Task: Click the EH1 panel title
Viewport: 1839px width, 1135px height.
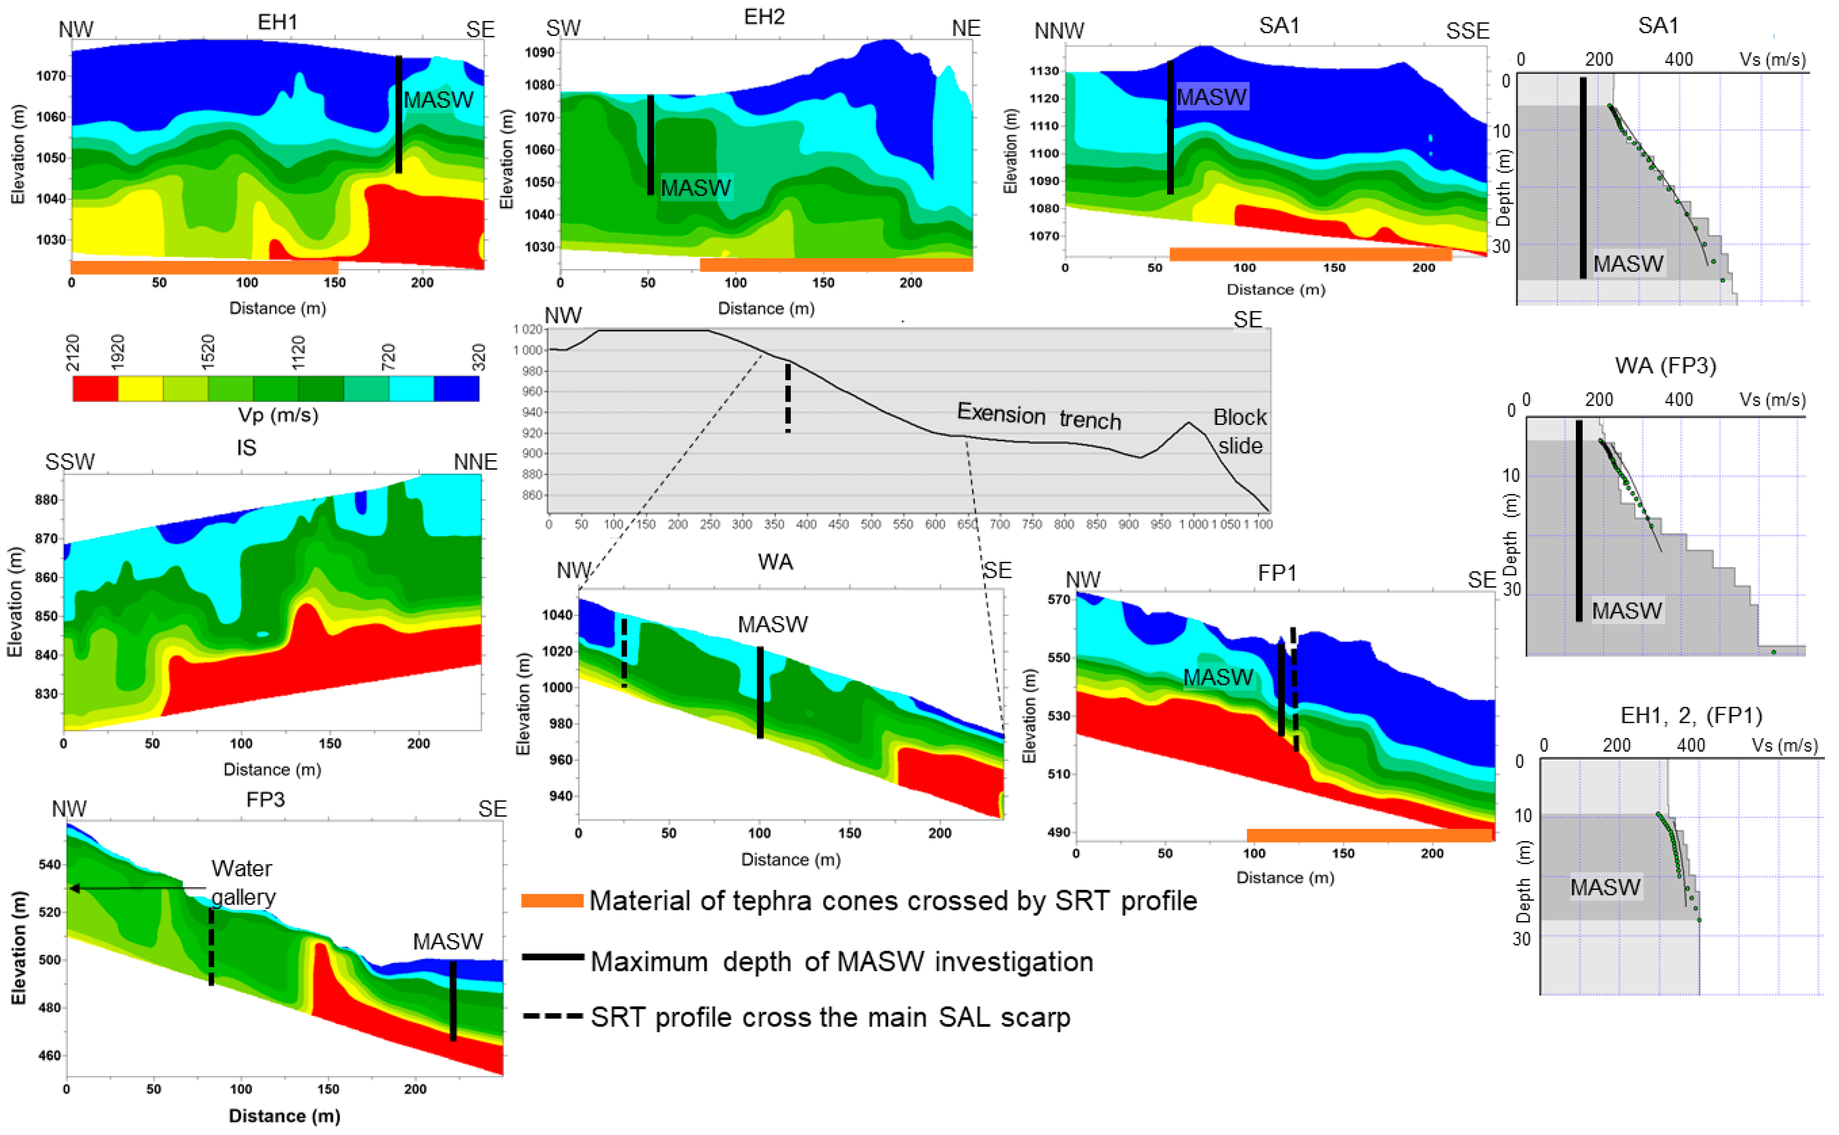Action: (277, 23)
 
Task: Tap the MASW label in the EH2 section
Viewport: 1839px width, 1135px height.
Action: (696, 188)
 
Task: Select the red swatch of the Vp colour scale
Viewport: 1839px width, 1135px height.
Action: (95, 388)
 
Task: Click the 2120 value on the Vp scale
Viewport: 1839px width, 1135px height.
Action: (73, 352)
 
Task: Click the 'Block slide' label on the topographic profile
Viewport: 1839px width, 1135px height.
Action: (1239, 431)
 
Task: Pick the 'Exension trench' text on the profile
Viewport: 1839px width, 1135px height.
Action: (1038, 415)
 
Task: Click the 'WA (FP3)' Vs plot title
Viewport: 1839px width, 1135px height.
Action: (1665, 366)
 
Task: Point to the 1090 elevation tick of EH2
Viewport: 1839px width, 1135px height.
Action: (539, 53)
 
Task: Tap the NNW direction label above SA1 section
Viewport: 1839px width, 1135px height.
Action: (1059, 31)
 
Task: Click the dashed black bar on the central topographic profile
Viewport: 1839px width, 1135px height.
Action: (788, 398)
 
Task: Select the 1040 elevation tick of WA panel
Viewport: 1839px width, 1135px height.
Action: (557, 615)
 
